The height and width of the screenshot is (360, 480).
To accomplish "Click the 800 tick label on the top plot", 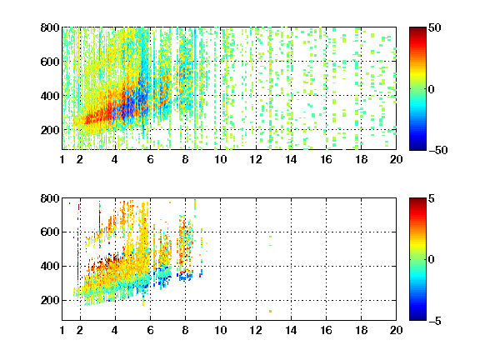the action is click(50, 27).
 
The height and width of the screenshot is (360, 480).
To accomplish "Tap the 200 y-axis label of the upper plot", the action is click(50, 130).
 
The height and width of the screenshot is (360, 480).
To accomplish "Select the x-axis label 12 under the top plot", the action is click(256, 159).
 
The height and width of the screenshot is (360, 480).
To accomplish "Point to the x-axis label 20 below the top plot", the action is click(396, 159).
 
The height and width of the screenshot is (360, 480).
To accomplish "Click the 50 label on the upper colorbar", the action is click(434, 28).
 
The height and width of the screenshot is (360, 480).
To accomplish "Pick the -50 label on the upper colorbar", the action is click(438, 150).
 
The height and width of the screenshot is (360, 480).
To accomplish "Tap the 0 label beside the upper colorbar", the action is click(432, 89).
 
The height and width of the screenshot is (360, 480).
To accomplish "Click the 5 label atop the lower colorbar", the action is click(432, 198).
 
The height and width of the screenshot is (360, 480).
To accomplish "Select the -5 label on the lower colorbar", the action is click(435, 321).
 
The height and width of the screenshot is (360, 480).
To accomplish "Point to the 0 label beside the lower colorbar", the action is click(432, 260).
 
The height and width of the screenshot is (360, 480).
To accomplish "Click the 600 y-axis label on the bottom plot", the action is click(50, 232).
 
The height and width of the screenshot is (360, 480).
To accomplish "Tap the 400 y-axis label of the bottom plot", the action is click(50, 266).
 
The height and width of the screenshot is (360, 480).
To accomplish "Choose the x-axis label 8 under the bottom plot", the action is click(185, 330).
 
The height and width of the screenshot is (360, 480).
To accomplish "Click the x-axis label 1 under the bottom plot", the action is click(62, 330).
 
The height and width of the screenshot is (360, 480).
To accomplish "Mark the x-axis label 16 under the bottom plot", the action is click(326, 330).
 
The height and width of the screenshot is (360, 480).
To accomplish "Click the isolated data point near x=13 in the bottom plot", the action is click(270, 312).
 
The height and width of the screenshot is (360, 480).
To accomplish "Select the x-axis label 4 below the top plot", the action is click(115, 159).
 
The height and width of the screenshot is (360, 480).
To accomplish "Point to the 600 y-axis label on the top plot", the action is click(50, 62).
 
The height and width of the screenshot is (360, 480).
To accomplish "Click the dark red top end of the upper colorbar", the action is click(417, 29).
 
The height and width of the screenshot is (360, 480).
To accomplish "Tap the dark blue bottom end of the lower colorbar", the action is click(417, 317).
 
